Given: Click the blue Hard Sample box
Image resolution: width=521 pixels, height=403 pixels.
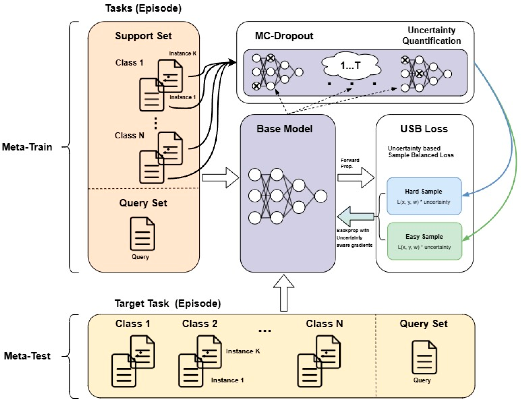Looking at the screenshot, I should tap(424, 196).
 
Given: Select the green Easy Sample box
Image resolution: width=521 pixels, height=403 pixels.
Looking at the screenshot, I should tap(424, 241).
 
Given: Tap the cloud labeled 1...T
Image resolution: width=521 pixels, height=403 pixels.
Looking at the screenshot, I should tap(351, 65).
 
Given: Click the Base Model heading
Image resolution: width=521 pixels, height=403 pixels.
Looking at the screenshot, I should tap(284, 129).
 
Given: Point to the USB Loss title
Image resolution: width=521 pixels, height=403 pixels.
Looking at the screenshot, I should tap(424, 129).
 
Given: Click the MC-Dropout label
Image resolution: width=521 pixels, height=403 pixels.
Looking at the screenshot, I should tap(284, 36).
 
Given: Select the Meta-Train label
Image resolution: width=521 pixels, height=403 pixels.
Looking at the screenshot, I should tap(27, 147).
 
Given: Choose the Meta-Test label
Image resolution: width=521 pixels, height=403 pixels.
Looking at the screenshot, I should tap(27, 356).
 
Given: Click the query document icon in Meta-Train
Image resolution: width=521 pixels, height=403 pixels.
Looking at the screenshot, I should tap(142, 233).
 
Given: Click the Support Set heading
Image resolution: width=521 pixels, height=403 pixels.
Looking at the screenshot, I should tap(143, 36).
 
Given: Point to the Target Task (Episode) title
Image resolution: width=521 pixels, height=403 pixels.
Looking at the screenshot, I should tap(168, 303).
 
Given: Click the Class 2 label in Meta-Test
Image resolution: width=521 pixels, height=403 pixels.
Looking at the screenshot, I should tap(200, 324).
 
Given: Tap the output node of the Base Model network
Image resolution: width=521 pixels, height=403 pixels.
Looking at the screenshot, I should tap(320, 196).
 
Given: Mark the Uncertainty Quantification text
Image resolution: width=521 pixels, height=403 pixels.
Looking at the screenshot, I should tap(431, 35).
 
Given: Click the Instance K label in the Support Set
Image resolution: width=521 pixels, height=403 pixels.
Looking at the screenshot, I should tap(182, 53).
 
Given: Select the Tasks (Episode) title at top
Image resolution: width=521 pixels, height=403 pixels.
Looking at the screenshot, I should tap(143, 8).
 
